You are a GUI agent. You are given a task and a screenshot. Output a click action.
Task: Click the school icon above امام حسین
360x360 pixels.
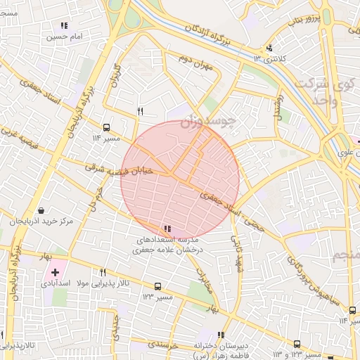pyautogui.click(x=64, y=25)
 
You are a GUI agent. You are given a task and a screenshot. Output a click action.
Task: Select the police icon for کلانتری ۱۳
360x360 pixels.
pyautogui.click(x=269, y=49)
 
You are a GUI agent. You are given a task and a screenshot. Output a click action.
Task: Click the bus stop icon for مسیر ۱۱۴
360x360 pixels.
pyautogui.click(x=106, y=127)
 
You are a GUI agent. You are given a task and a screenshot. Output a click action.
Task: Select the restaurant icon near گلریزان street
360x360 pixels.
pyautogui.click(x=140, y=111)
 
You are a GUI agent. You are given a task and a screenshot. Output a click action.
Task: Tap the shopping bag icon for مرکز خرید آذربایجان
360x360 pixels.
pyautogui.click(x=40, y=210)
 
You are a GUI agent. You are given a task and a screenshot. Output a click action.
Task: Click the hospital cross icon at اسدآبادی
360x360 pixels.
pyautogui.click(x=55, y=271)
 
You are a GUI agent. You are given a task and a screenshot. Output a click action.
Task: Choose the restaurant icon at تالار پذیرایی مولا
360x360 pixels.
pyautogui.click(x=103, y=272)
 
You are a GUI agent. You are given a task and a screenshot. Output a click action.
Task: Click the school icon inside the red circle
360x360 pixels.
pyautogui.click(x=167, y=229)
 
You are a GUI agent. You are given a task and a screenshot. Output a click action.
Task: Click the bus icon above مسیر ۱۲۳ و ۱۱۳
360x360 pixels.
pyautogui.click(x=297, y=345)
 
